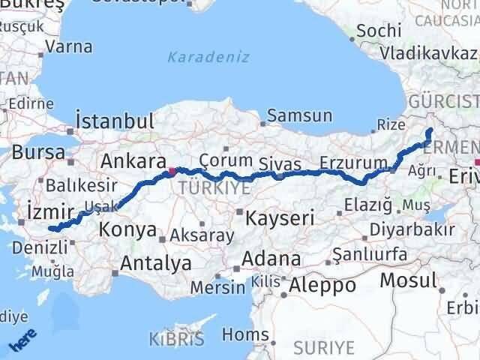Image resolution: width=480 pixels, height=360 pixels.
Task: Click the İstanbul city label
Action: coord(115,121)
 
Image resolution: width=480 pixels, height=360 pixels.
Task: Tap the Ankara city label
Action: coord(133,160)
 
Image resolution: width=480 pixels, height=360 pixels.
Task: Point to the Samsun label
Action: coord(299,115)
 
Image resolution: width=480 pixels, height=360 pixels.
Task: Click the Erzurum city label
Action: coord(352,163)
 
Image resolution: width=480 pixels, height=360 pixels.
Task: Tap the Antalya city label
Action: coord(155,263)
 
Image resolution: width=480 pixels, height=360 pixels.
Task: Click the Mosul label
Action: coord(408,280)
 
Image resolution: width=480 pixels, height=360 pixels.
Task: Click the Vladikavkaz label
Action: coord(428,53)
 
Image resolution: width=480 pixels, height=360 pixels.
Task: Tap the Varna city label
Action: coord(69,46)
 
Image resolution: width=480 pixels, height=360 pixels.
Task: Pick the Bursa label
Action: coord(38,151)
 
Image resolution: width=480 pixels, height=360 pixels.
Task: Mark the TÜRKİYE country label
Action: coord(214,188)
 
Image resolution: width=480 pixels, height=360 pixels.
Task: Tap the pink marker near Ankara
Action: coord(172,171)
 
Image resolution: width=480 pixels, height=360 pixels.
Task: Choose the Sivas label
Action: coord(280,164)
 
